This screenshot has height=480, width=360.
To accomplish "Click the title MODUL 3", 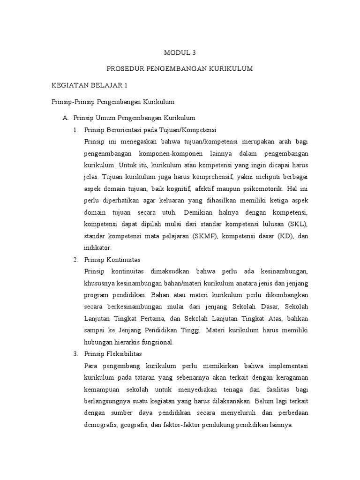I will pos(180,53).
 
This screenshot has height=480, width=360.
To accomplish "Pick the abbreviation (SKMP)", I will pos(204,236).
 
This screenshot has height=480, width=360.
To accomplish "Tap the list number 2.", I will pos(75,259).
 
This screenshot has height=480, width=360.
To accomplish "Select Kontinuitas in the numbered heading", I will pos(125,259).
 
